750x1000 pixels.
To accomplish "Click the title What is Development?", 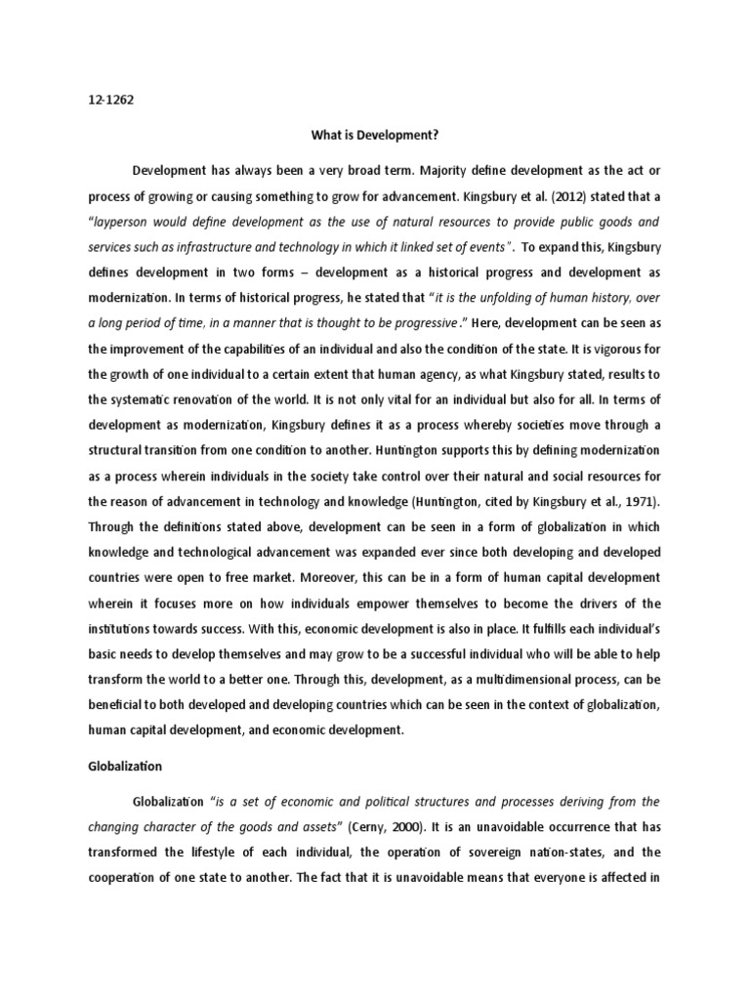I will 375,138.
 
